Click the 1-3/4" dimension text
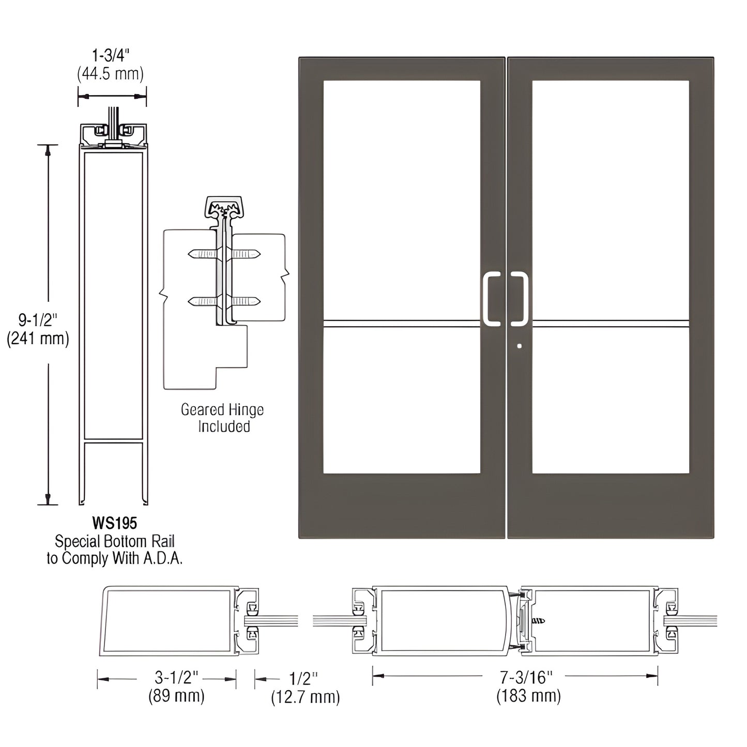click(x=111, y=55)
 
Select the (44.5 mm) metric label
click(x=110, y=74)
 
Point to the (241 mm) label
click(x=38, y=339)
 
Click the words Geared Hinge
click(x=222, y=410)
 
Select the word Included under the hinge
click(x=224, y=426)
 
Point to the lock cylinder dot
click(x=520, y=346)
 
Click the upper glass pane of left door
click(x=402, y=199)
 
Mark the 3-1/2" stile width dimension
click(x=177, y=677)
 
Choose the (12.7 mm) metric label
click(x=306, y=697)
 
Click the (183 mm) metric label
click(x=528, y=696)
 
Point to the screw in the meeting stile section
click(x=538, y=620)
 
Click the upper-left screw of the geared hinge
click(x=203, y=254)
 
